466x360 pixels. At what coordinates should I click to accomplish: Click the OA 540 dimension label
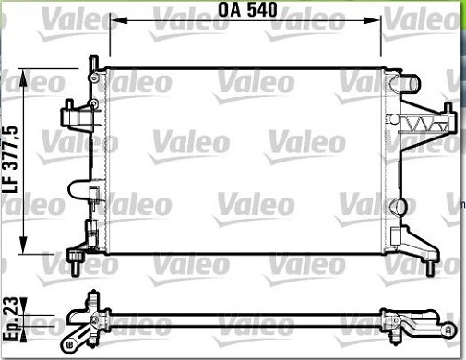point(247,9)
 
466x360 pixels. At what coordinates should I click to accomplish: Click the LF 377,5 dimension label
point(10,160)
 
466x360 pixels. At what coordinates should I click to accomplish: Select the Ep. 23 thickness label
point(11,318)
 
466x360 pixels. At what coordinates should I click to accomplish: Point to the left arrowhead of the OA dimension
point(118,20)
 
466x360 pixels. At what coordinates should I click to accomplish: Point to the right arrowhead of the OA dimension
point(372,20)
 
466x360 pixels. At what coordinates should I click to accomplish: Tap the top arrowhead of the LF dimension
point(23,78)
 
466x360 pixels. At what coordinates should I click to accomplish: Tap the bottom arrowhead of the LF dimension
point(23,246)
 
